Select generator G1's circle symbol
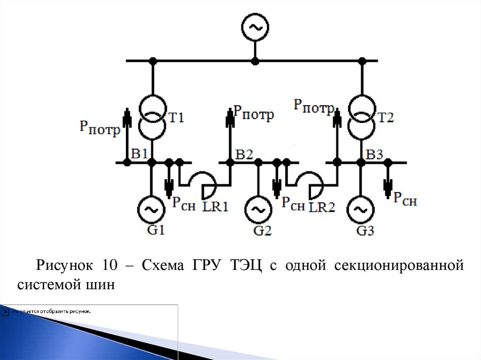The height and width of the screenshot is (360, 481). point(150,209)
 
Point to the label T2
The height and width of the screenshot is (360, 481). point(385,117)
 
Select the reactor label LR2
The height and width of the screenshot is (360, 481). point(322,206)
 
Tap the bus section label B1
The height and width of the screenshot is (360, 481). point(140,153)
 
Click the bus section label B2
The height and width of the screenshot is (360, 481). point(245,153)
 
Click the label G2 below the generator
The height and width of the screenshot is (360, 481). point(263,230)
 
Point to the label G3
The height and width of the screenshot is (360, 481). point(365,231)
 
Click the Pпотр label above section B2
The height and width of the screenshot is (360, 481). point(253,113)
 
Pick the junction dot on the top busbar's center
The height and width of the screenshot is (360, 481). point(255,61)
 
